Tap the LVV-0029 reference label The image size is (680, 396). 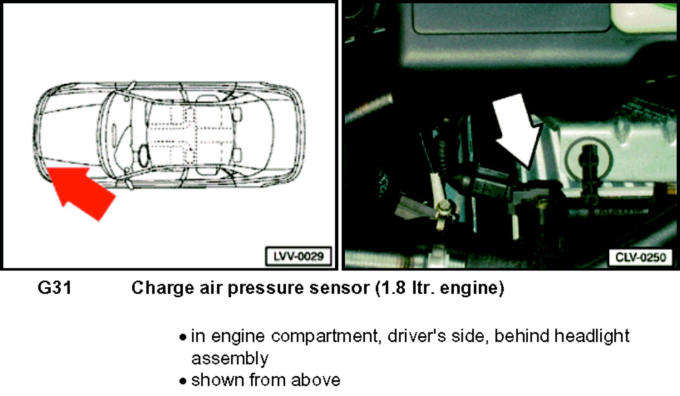tap(298, 256)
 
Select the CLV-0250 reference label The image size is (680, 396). tap(641, 257)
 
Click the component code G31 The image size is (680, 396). tap(55, 287)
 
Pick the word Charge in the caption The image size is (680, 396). tap(163, 288)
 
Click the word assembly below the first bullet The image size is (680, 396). tap(230, 359)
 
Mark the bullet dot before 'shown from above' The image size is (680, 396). tap(182, 381)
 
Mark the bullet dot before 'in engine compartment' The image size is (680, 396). tap(182, 337)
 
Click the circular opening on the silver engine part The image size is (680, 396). tap(588, 158)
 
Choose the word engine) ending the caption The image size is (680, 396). tap(472, 289)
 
